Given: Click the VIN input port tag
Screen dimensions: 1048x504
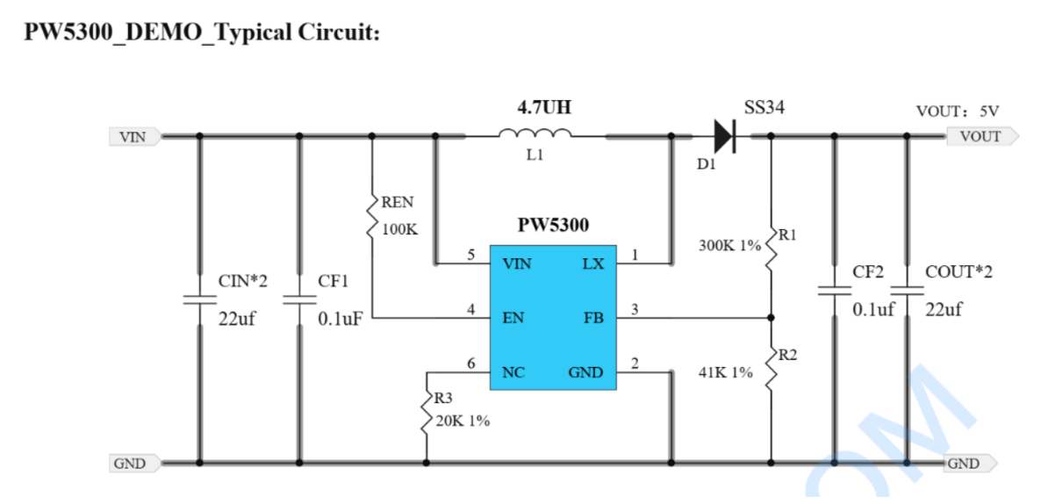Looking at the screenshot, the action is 134,137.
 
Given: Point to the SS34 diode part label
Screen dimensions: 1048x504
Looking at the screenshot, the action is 764,107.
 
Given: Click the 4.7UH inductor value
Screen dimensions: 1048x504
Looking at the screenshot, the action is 544,107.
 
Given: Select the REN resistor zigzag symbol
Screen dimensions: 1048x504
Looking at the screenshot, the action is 372,215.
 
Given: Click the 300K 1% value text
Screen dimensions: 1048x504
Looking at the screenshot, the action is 730,245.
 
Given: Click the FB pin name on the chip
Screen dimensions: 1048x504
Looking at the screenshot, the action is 592,318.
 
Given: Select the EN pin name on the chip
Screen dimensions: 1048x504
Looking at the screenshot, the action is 513,318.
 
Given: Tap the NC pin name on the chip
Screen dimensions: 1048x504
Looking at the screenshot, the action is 513,372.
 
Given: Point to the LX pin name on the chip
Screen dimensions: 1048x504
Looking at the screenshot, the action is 592,264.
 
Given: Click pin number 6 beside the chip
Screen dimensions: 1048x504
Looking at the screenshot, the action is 471,363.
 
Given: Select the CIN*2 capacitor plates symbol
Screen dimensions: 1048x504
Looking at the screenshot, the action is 198,299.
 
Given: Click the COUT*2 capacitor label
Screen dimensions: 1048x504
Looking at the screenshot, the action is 959,272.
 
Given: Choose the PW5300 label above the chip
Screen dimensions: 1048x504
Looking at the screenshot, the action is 554,226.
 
